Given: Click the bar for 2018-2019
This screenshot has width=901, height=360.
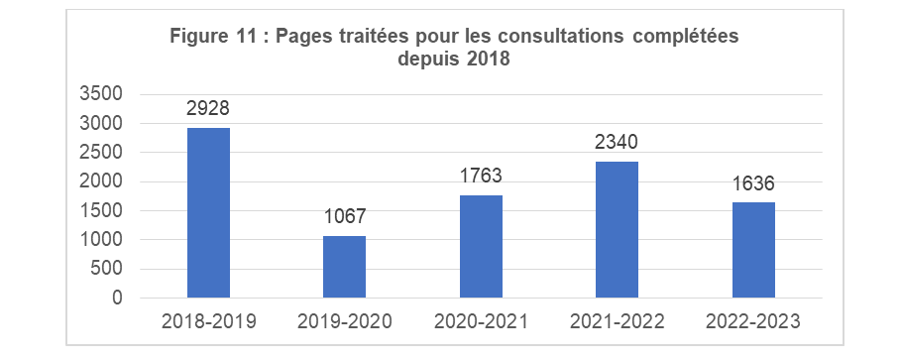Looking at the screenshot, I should pos(208,212).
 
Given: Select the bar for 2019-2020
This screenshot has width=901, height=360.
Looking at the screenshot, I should pos(344,267).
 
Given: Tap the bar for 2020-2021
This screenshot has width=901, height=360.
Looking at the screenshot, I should pos(481,246).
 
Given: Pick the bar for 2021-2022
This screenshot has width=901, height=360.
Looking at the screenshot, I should pos(617,229).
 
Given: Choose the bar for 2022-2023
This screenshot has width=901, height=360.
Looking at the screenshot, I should pos(753,250).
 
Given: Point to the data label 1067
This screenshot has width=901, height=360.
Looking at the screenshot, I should pos(344,217).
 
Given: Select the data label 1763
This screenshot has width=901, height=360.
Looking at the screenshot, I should pos(481,178).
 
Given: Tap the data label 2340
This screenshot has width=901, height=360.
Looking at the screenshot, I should pos(617,144).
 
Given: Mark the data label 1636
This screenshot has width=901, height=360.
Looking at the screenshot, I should pos(753,184).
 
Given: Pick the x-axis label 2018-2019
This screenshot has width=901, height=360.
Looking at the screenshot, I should pos(208,321).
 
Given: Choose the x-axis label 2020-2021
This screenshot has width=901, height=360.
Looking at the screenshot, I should pos(481,321).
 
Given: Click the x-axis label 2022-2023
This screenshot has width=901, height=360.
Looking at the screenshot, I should pos(753,321).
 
